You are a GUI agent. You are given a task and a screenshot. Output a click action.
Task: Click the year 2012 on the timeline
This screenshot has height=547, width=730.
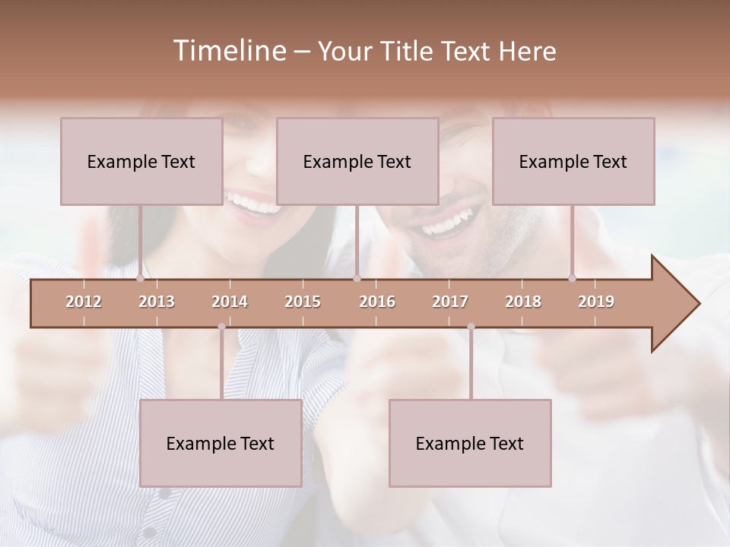click(84, 302)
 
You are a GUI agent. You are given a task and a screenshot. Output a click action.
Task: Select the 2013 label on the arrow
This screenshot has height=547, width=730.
click(157, 302)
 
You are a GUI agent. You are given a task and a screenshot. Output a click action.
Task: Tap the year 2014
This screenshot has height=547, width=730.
click(230, 302)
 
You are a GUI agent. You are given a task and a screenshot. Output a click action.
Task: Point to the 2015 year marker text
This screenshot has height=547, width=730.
click(303, 302)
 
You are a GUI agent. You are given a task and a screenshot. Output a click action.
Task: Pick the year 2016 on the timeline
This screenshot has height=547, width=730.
click(377, 302)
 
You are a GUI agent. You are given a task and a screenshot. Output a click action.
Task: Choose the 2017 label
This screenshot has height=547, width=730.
click(450, 302)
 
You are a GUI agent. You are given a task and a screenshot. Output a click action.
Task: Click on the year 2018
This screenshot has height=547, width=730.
click(523, 302)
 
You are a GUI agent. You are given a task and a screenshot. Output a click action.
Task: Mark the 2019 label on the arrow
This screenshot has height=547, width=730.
click(596, 302)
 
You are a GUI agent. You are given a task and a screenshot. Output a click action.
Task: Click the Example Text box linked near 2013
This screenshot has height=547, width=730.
click(141, 161)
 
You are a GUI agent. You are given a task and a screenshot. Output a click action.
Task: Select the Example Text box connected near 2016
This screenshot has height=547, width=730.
click(357, 161)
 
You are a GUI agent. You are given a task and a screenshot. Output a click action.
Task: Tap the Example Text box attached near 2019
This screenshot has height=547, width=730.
click(573, 161)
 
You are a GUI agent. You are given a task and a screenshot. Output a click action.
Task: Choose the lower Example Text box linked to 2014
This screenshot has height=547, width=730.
click(221, 443)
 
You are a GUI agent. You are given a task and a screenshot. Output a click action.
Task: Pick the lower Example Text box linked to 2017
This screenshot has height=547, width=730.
click(470, 443)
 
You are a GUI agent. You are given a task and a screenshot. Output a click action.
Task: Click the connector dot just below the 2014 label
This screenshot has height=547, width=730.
click(221, 327)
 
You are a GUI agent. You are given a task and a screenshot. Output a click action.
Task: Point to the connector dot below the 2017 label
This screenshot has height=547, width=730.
click(471, 327)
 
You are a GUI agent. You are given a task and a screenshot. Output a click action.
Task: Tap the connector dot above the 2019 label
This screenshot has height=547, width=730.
click(573, 278)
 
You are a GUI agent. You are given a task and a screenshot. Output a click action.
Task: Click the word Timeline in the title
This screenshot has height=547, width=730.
click(229, 51)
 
